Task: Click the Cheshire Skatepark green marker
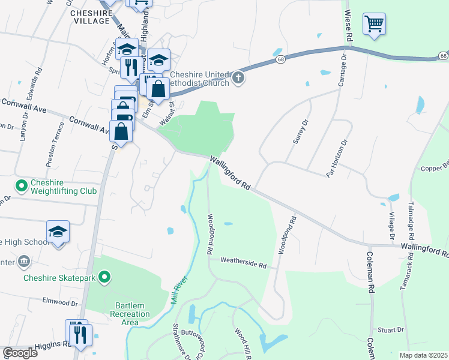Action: [x=104, y=277]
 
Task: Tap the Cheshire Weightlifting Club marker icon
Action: [x=22, y=186]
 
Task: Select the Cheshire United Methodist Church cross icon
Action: [x=238, y=78]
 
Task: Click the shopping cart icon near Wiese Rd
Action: [x=374, y=25]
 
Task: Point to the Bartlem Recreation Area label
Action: [x=129, y=314]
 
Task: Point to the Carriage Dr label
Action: [x=343, y=70]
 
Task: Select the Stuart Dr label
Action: [x=393, y=329]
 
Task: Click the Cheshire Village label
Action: [x=90, y=16]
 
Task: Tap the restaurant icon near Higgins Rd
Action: [x=79, y=333]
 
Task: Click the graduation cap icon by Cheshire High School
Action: [x=58, y=232]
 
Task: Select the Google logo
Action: [x=20, y=353]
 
